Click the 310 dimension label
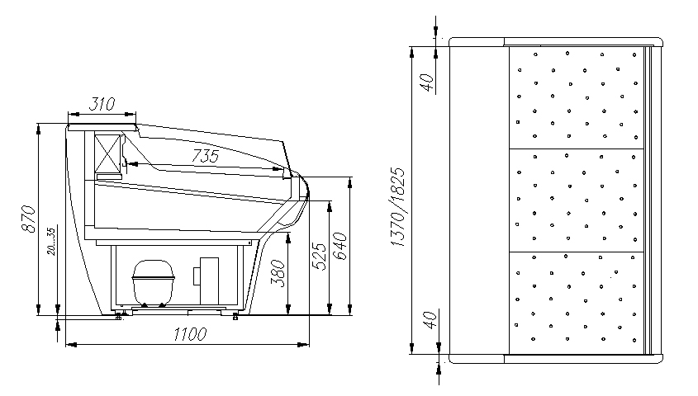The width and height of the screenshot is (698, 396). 102,104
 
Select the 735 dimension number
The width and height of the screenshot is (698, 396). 205,156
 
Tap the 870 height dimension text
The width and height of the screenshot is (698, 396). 28,219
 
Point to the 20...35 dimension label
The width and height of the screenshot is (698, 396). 51,242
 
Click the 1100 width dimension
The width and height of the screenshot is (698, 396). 190,334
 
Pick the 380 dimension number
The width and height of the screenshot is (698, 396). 278,273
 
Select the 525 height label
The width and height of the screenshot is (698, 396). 319,256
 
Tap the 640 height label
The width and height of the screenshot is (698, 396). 340,246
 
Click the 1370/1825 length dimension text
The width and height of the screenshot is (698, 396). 397,207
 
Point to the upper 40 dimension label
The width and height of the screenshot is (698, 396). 427,82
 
